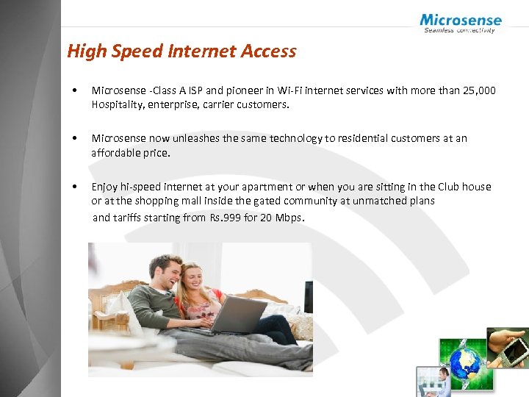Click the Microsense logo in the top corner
(x=461, y=23)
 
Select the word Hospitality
(x=118, y=104)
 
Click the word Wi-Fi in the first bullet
(x=287, y=90)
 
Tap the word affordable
(x=118, y=153)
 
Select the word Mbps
(x=287, y=218)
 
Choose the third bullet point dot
(x=75, y=187)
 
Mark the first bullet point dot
(x=75, y=91)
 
